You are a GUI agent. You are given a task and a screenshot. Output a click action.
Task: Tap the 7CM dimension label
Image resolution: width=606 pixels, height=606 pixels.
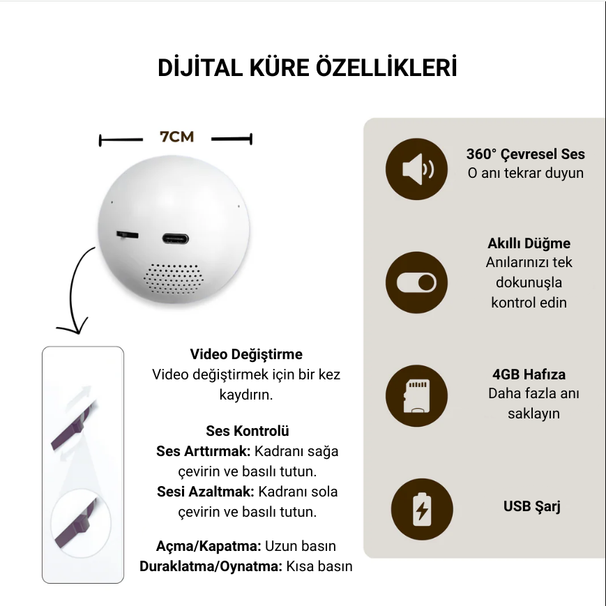[176, 137]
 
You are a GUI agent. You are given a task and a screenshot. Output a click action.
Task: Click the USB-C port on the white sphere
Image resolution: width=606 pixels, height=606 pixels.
[176, 239]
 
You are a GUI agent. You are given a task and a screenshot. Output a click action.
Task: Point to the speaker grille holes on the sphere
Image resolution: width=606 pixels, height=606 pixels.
[174, 278]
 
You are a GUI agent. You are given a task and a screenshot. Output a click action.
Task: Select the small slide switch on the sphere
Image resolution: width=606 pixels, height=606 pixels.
[127, 234]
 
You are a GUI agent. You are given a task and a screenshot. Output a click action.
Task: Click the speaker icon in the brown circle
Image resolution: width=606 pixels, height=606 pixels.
[416, 169]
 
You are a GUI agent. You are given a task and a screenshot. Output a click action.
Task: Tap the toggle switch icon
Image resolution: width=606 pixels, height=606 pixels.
[416, 282]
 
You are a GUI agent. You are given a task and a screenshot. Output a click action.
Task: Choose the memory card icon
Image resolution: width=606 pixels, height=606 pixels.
[416, 396]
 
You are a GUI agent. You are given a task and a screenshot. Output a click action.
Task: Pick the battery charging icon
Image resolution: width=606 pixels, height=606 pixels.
[422, 509]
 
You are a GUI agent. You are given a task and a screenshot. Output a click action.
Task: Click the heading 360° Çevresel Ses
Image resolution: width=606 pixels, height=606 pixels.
[526, 154]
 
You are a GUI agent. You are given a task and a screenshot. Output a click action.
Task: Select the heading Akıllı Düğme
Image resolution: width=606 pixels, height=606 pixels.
[529, 243]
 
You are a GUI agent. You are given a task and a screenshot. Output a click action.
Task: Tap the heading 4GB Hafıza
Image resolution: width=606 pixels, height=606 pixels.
[529, 374]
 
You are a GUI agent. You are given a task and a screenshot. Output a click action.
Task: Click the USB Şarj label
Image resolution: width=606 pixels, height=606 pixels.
[532, 506]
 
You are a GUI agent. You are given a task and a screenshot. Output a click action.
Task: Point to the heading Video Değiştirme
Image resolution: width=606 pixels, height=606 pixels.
[246, 354]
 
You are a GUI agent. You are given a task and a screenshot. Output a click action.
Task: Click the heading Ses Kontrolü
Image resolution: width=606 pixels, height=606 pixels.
[248, 430]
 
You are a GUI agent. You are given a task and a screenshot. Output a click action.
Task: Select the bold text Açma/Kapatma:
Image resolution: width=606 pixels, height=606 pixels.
[209, 546]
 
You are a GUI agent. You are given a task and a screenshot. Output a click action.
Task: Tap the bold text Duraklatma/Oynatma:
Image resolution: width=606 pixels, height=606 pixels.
[211, 566]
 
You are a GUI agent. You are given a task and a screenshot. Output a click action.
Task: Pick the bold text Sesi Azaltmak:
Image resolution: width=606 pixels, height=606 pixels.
[205, 492]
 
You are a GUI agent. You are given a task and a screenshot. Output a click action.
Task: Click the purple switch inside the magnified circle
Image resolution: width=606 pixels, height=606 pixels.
[76, 524]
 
